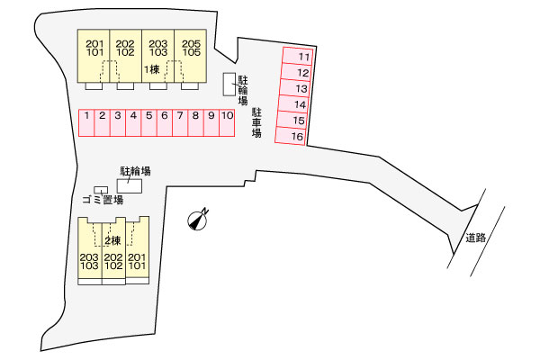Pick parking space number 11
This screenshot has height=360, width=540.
296,56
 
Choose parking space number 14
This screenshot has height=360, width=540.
296,104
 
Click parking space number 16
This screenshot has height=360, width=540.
296,137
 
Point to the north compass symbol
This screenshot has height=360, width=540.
198,219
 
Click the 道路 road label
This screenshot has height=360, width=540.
476,238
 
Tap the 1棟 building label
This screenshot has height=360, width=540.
151,69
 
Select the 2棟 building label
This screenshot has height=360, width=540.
112,240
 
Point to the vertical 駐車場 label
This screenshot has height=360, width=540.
256,122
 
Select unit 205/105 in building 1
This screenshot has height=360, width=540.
189,48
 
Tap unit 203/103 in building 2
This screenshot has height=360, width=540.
89,262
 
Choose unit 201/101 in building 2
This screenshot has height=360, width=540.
138,262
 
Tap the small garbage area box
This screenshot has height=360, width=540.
101,189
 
